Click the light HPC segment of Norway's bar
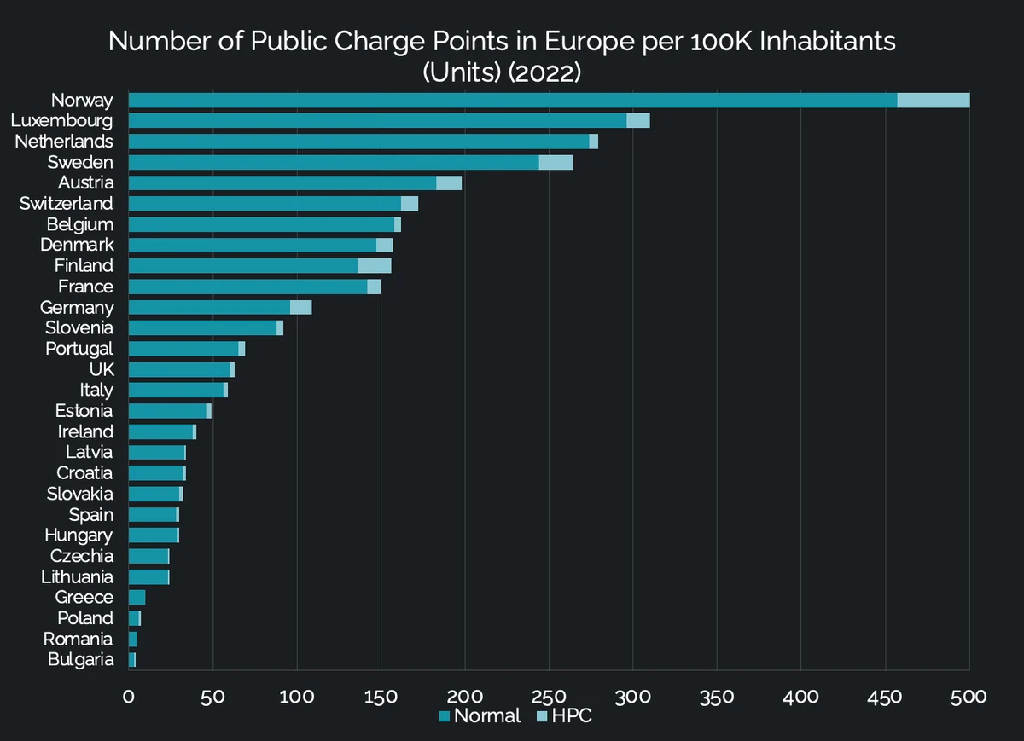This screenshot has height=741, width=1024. (x=933, y=100)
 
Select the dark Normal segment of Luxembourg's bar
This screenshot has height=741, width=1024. (x=377, y=120)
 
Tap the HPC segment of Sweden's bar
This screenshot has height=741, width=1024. (x=556, y=162)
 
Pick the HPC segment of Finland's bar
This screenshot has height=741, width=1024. (x=374, y=265)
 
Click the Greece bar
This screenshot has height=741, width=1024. (x=137, y=597)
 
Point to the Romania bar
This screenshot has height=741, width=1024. (x=133, y=640)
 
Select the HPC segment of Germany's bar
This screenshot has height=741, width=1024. (x=300, y=307)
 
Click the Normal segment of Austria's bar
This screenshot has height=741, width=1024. (x=282, y=182)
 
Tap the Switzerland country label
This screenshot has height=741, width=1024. (x=67, y=203)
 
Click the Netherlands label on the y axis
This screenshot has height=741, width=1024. (x=64, y=142)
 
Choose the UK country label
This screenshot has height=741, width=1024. (x=102, y=369)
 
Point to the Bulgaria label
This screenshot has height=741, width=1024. (x=80, y=660)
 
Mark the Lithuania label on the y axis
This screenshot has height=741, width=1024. (x=78, y=576)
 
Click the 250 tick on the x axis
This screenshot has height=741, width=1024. (x=549, y=698)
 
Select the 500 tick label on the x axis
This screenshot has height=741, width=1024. (x=969, y=698)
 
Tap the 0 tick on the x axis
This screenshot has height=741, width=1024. (x=129, y=698)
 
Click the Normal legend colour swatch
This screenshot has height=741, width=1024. (x=445, y=716)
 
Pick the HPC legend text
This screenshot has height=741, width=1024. (x=572, y=715)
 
